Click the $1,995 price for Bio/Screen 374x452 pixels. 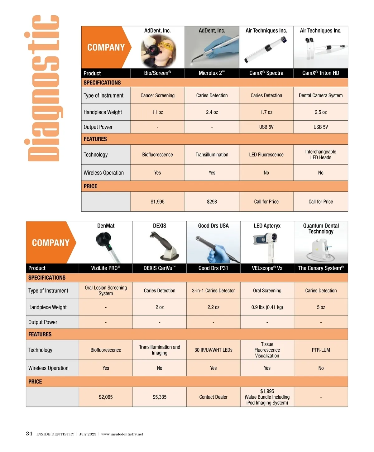click(157, 202)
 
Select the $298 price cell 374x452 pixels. click(212, 202)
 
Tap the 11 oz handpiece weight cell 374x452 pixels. click(157, 112)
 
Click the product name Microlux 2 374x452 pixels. click(212, 73)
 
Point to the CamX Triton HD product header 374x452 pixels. click(321, 73)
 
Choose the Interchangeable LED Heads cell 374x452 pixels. click(321, 155)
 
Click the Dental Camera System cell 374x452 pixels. click(321, 95)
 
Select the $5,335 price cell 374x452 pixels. click(160, 397)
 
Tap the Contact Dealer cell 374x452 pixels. click(213, 397)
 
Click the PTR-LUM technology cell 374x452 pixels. click(321, 350)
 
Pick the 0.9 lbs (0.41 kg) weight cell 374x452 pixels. click(267, 307)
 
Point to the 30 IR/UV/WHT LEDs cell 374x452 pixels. click(213, 350)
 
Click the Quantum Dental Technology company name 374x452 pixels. click(321, 228)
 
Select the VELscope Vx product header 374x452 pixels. click(267, 268)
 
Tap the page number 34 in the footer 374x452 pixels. click(29, 434)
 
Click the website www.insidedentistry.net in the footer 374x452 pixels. click(122, 434)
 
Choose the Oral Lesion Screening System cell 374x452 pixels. click(106, 291)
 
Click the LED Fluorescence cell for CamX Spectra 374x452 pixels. click(266, 155)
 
